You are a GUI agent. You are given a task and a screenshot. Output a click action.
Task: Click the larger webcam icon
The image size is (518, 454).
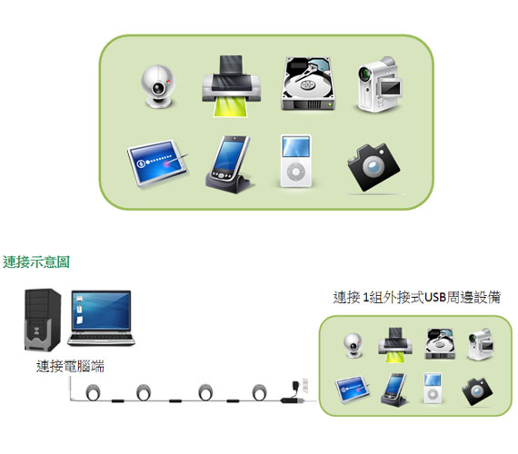(157, 86)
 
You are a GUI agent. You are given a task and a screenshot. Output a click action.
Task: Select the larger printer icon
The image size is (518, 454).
(231, 86)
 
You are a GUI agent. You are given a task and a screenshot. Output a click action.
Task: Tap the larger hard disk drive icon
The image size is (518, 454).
(308, 84)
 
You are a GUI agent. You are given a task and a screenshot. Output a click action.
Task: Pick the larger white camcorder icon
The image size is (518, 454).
(379, 84)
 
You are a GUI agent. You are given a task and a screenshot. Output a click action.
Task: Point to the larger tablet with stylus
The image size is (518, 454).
(158, 163)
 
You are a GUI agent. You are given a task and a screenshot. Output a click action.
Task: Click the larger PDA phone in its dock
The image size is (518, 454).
(229, 164)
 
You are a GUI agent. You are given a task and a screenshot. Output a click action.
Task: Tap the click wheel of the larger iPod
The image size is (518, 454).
(295, 172)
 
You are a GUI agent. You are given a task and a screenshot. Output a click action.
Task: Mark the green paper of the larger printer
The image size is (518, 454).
(231, 106)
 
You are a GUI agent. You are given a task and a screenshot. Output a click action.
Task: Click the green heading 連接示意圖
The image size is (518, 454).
(36, 262)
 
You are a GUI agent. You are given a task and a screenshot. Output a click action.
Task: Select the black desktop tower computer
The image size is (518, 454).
(43, 320)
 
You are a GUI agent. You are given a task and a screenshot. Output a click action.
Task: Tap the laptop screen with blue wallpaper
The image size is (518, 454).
(101, 311)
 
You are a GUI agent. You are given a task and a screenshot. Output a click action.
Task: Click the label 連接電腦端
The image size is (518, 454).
(70, 366)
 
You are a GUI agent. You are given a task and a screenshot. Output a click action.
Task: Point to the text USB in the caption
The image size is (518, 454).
(434, 297)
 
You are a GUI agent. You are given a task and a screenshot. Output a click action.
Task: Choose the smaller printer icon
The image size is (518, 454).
(395, 345)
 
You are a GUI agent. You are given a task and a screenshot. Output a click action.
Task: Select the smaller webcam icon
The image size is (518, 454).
(354, 345)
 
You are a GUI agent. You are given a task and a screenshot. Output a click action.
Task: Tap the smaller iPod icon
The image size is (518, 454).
(432, 388)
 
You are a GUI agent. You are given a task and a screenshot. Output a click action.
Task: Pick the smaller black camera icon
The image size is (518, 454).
(477, 391)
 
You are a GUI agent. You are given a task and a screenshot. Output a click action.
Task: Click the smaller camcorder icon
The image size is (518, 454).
(481, 344)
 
